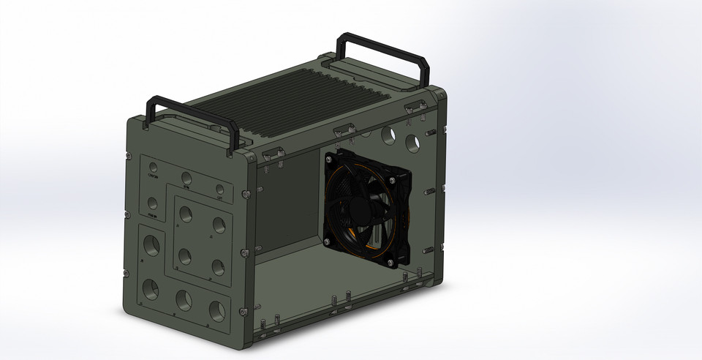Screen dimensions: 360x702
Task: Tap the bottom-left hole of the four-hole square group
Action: pos(184,256)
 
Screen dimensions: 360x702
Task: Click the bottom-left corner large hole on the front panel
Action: pos(151,287)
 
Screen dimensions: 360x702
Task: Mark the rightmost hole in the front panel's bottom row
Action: pos(217,310)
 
